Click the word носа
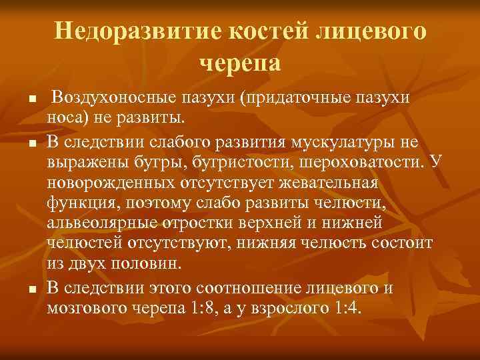(x=62, y=117)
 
